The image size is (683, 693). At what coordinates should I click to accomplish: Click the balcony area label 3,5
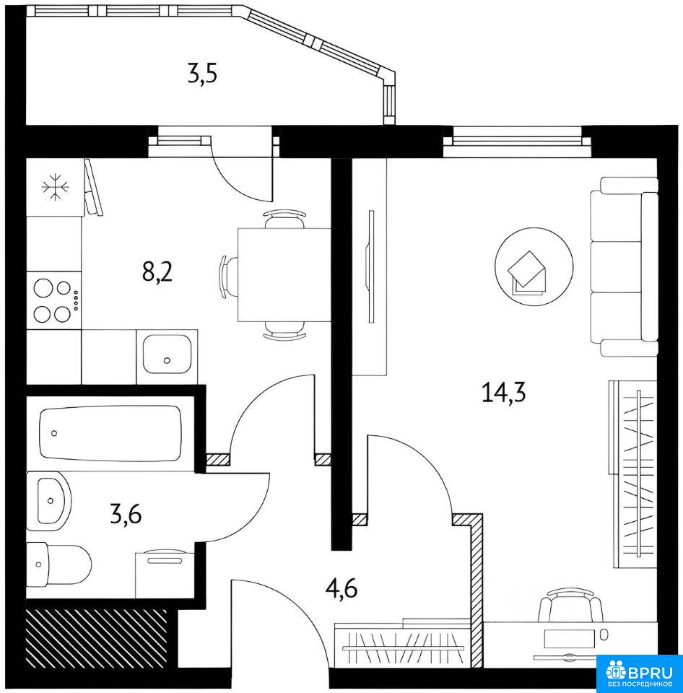pos(202,74)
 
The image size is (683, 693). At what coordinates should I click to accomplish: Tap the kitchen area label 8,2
pos(157,271)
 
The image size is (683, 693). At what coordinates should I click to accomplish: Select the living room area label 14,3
pos(503,393)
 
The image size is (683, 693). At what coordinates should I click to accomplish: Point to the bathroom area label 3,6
pos(126,514)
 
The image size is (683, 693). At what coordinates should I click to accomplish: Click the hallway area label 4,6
pos(341,588)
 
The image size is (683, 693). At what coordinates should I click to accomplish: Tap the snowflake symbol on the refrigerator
pos(55,188)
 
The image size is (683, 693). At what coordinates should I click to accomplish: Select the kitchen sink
pos(167,354)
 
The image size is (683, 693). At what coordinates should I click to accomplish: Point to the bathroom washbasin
pos(48,501)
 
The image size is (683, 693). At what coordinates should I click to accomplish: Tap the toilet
pos(58,565)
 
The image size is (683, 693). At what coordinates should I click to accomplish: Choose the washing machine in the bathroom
pos(165,574)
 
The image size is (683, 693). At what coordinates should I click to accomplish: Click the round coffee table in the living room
pos(534,266)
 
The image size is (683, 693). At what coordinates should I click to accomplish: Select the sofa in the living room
pos(624,267)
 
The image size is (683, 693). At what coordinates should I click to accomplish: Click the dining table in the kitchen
pos(284,274)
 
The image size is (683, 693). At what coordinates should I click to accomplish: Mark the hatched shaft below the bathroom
pos(97,639)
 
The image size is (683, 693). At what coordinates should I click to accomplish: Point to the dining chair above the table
pos(284,219)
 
